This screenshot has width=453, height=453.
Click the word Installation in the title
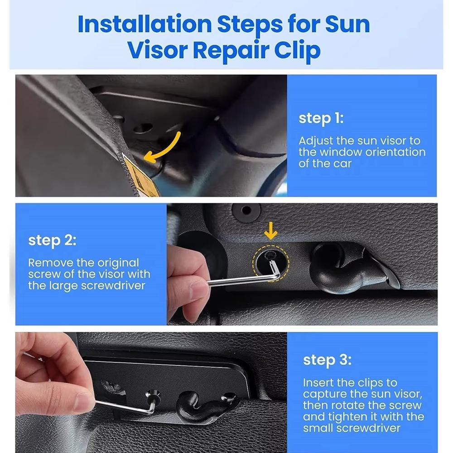(x=145, y=24)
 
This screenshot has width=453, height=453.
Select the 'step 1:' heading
(x=321, y=118)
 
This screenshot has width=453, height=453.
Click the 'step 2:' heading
(x=52, y=241)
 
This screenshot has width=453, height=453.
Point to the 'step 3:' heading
(x=328, y=360)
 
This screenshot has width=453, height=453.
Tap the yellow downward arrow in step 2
(x=271, y=231)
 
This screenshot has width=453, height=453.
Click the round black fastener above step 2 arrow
(x=246, y=211)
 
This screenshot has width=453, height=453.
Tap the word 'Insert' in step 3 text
(x=318, y=383)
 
